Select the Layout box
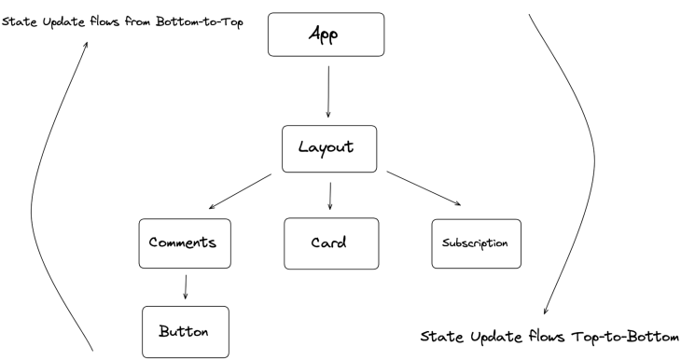click(330, 149)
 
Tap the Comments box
click(183, 242)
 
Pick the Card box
click(330, 242)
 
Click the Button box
click(185, 330)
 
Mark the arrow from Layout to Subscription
click(424, 189)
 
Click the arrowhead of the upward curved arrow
click(90, 43)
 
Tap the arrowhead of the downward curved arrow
click(544, 312)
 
